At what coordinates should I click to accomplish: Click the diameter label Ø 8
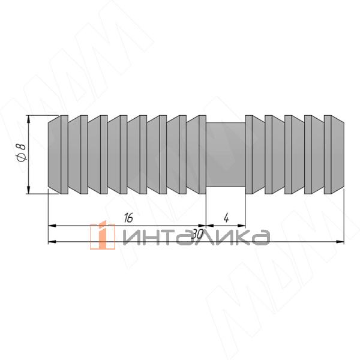22,152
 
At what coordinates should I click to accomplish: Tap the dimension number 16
128,218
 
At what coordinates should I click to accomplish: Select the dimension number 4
226,218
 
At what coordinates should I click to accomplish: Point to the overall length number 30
197,235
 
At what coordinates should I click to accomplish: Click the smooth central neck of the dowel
226,155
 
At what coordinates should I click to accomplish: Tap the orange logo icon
103,235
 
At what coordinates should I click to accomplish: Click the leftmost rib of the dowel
58,155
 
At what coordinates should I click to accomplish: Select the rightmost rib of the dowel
334,155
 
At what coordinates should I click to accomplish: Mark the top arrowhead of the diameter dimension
28,119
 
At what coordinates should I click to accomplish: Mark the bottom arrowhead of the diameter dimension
28,190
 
